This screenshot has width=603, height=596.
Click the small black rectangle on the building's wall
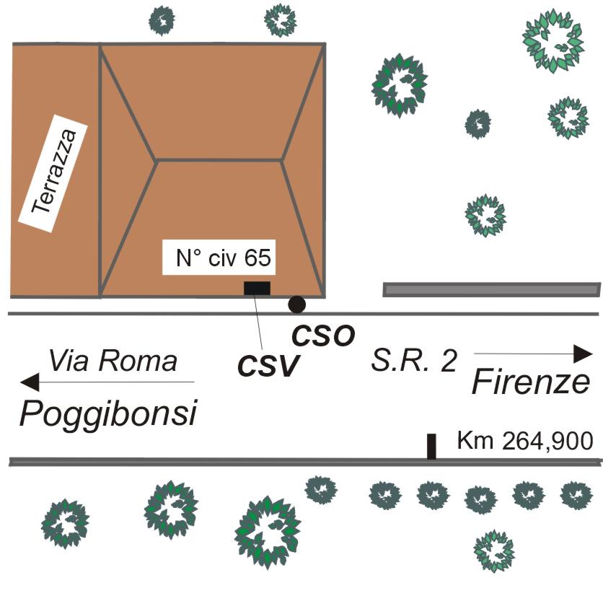tap(257, 289)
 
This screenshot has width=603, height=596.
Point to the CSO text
tap(322, 336)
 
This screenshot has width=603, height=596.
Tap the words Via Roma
tap(113, 360)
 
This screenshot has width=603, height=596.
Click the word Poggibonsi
tap(108, 414)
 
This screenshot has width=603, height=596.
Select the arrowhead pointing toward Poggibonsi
tap(30, 382)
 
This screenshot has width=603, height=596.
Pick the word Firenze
tap(530, 382)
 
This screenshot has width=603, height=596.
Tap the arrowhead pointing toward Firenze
tap(582, 354)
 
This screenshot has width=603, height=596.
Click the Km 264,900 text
tap(525, 440)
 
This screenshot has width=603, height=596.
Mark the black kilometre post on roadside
tap(431, 447)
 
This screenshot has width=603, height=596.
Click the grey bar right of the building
tap(490, 289)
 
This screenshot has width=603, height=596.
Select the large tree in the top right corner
tap(553, 45)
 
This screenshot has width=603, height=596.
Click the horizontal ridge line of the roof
tap(219, 159)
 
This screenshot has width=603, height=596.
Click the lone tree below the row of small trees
tap(494, 550)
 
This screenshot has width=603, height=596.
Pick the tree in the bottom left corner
tap(65, 522)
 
